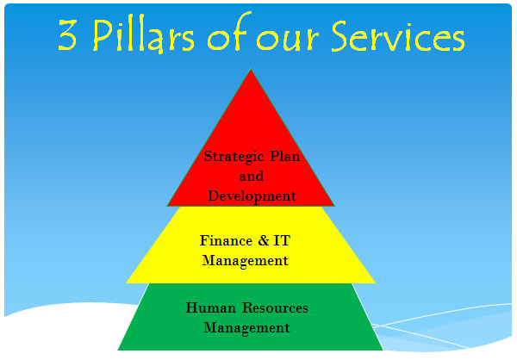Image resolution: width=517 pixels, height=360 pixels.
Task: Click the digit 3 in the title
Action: [x=67, y=35]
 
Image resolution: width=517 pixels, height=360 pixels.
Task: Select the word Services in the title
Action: [x=398, y=35]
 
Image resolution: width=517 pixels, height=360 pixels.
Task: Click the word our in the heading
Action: [x=288, y=40]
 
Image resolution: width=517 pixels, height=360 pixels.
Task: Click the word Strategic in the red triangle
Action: [x=234, y=157]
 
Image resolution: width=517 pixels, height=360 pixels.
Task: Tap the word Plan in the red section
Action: [x=285, y=156]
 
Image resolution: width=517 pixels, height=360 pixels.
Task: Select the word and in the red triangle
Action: [x=252, y=176]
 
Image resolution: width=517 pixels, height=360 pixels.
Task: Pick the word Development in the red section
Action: [x=252, y=196]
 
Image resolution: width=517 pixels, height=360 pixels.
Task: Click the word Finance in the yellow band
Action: [x=226, y=240]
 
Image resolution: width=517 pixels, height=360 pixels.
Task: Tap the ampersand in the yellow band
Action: [x=264, y=240]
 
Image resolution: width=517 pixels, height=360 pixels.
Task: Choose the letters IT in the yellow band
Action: [x=282, y=240]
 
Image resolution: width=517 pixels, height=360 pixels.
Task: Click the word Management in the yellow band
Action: [x=245, y=261]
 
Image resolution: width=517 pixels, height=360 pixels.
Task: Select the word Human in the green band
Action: [x=211, y=307]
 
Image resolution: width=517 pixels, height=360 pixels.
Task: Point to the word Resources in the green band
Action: [x=275, y=307]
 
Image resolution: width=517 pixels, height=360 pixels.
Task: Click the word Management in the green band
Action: [x=246, y=328]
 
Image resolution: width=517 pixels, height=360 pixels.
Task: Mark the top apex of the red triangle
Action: [x=251, y=69]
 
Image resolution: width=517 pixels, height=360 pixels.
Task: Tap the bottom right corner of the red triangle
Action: [x=334, y=206]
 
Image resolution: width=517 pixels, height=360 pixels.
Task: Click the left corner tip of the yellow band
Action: [x=126, y=282]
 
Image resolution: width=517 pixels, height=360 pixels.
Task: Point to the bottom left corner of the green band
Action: [x=118, y=350]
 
